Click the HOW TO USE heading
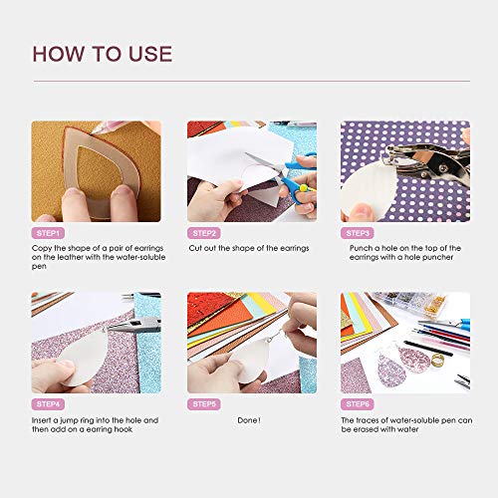(x=103, y=54)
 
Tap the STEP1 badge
(x=47, y=231)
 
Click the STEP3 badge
(x=357, y=231)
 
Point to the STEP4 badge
(x=47, y=404)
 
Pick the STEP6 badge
(x=357, y=404)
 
